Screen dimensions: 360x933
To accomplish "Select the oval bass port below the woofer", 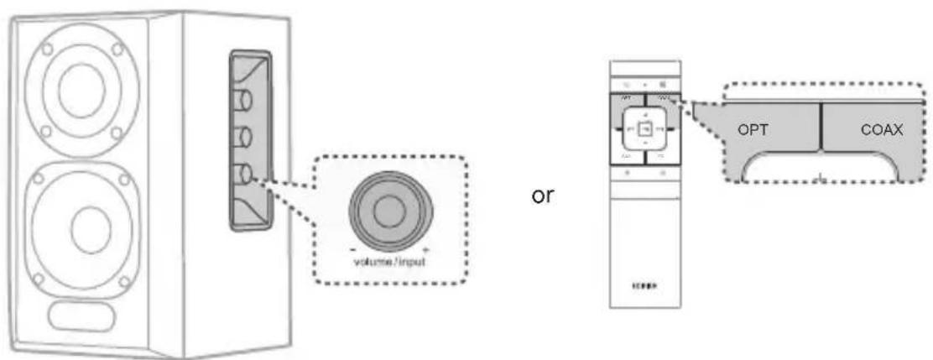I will click(x=82, y=316).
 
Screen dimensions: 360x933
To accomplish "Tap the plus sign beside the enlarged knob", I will click(x=427, y=250).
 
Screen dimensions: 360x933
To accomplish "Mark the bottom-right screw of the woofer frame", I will click(x=123, y=279).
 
